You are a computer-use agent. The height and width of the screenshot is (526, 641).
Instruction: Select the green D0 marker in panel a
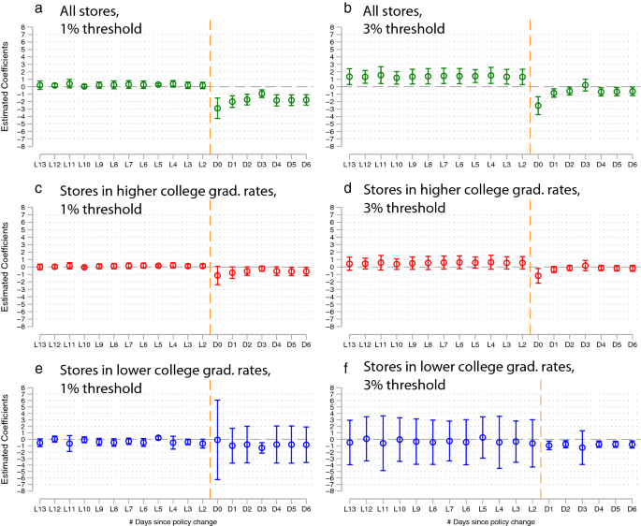point(218,109)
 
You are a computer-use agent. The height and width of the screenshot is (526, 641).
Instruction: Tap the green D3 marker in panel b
point(585,85)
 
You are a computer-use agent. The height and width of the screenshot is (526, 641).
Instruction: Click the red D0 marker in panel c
point(218,276)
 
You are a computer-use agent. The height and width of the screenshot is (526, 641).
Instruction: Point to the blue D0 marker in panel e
point(218,439)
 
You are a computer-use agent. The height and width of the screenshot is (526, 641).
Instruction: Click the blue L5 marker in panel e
point(158,437)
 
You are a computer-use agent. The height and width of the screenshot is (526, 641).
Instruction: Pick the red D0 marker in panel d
point(537,276)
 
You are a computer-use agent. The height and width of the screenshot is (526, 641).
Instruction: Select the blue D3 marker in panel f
point(583,447)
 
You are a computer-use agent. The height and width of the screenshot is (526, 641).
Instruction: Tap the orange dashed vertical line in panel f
point(540,440)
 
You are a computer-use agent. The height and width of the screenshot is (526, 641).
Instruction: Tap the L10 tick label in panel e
point(84,506)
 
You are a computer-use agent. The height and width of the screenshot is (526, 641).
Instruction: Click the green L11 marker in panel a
point(69,83)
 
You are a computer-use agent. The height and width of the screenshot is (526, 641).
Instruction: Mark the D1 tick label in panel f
point(549,506)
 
